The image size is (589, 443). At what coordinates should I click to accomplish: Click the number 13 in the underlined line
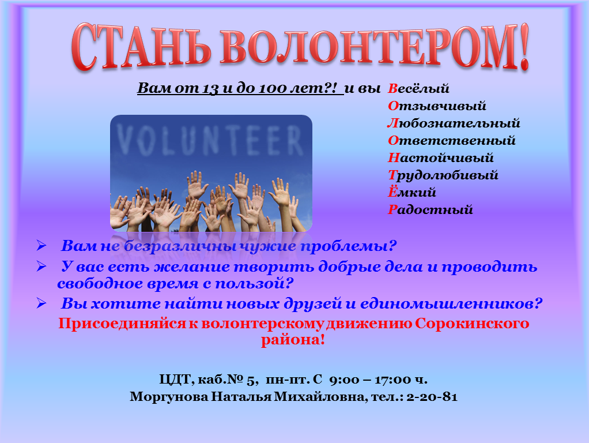click(x=210, y=88)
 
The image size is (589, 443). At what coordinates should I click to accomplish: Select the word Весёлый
click(x=418, y=89)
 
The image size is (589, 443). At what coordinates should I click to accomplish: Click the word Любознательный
click(x=454, y=123)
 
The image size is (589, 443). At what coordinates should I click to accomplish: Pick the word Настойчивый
click(x=441, y=157)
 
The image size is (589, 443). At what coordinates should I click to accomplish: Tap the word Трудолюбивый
click(x=443, y=175)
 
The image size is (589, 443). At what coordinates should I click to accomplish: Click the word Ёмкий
click(x=411, y=192)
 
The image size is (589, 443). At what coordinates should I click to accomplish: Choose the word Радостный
click(x=430, y=209)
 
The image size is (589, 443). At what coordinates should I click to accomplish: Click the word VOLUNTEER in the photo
click(x=210, y=140)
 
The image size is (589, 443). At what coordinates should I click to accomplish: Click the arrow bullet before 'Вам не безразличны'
click(x=41, y=246)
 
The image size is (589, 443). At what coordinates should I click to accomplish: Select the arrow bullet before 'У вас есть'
click(x=41, y=266)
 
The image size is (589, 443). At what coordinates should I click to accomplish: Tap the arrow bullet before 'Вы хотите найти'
click(x=41, y=303)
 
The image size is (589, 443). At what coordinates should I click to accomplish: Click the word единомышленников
click(x=451, y=303)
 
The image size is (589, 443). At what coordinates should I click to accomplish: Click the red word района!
click(x=293, y=340)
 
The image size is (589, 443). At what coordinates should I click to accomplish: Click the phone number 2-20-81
click(x=432, y=397)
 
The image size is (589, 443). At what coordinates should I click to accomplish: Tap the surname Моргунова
click(x=169, y=397)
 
